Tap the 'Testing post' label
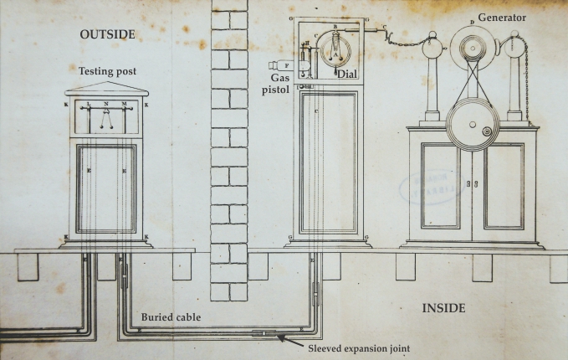(106, 73)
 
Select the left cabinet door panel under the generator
(441, 185)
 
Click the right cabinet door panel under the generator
(504, 185)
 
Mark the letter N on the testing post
(106, 103)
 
